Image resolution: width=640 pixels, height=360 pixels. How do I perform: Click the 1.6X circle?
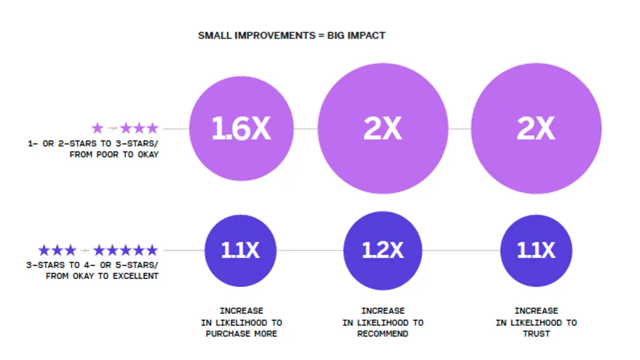click(x=241, y=129)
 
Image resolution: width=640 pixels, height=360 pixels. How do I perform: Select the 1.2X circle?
click(x=383, y=250)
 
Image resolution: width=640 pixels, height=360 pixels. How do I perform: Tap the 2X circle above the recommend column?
click(x=383, y=129)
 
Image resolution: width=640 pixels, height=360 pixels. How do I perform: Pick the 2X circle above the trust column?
click(x=536, y=129)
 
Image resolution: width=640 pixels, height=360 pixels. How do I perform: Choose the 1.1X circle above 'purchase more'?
click(x=241, y=250)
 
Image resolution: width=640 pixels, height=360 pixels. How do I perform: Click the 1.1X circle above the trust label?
click(x=536, y=250)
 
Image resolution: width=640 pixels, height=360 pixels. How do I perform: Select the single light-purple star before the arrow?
click(x=97, y=128)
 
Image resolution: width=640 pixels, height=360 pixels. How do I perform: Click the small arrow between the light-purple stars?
click(x=112, y=128)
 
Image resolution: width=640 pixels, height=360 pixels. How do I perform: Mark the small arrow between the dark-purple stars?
click(x=85, y=250)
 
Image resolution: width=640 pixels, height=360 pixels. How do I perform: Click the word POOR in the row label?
click(x=110, y=154)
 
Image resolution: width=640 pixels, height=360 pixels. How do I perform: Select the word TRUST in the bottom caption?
click(x=536, y=333)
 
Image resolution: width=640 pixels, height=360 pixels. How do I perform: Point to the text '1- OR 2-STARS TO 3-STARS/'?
click(x=93, y=143)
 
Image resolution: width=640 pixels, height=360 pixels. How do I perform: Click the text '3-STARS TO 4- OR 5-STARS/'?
click(x=92, y=265)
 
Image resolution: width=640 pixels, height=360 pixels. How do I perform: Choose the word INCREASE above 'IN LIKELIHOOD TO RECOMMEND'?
click(x=383, y=311)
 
